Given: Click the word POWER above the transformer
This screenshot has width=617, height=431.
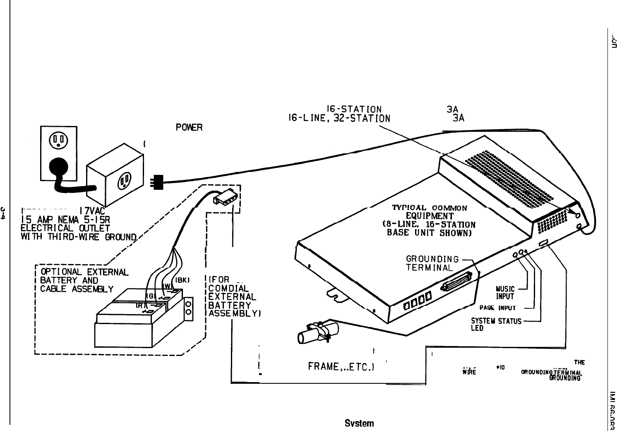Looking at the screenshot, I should [189, 127].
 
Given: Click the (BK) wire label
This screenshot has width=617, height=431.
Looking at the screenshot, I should [182, 280].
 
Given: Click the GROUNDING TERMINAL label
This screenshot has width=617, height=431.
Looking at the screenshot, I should [432, 264].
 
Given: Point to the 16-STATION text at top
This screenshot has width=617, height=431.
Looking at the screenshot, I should [354, 109].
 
